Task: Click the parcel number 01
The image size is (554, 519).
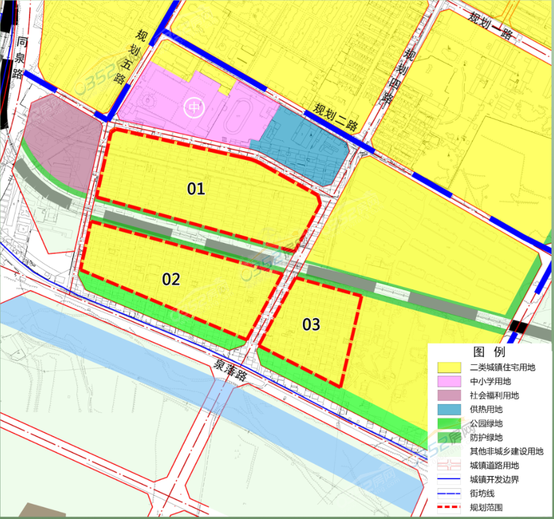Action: tap(196, 189)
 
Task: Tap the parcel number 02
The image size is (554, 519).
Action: tap(171, 279)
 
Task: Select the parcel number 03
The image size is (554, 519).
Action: tap(311, 325)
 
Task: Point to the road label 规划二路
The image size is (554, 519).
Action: tap(336, 118)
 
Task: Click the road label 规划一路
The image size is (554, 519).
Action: tap(491, 25)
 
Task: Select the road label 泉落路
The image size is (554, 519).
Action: tap(230, 371)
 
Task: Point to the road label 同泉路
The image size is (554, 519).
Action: tap(21, 58)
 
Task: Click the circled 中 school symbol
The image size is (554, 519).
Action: tap(193, 107)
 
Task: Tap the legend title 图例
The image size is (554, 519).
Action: tap(489, 352)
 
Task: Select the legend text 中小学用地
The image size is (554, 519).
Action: tap(494, 382)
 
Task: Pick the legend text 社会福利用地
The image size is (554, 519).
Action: tap(498, 396)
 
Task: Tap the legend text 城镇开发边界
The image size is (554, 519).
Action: tap(498, 479)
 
